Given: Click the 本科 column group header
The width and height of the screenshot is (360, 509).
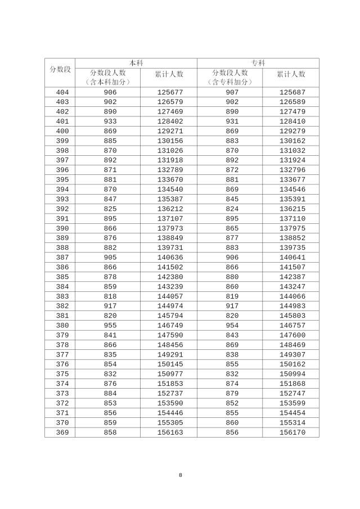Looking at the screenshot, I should (136, 63).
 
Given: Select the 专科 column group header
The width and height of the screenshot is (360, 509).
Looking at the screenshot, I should (258, 63).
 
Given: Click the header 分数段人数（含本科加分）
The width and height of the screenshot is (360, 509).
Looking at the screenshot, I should (107, 78).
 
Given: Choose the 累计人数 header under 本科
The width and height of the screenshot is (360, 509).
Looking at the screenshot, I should (169, 74).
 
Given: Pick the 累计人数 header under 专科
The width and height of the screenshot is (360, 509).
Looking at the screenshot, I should (291, 74).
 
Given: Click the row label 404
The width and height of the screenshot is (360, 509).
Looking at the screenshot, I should (62, 92).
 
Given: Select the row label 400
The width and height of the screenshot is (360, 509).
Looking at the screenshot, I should (62, 131).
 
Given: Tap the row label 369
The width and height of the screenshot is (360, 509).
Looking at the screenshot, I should (62, 433).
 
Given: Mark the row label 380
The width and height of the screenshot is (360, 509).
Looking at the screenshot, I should (62, 326).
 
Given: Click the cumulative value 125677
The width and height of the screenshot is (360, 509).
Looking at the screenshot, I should (169, 92).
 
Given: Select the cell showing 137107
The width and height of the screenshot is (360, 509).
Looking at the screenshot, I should (169, 219).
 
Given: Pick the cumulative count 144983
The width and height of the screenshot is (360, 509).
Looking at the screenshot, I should (291, 306).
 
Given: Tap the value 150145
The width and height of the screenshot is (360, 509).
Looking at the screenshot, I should (169, 364).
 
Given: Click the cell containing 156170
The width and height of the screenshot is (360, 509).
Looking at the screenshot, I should (291, 433).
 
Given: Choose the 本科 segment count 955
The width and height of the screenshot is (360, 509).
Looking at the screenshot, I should (110, 326).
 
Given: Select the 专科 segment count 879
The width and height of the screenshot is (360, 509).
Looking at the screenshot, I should (232, 394).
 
